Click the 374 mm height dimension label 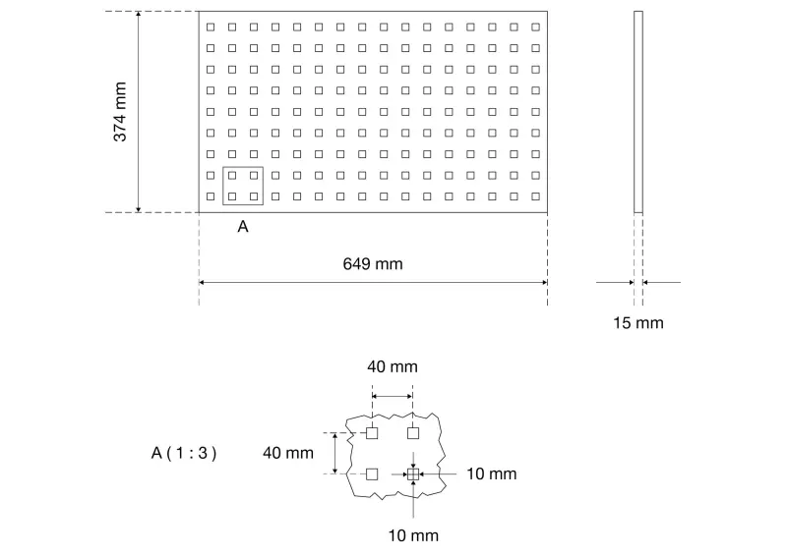(120, 112)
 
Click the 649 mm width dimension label (373, 263)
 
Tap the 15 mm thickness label (638, 323)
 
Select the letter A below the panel (243, 227)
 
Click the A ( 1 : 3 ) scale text (184, 453)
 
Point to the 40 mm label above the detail (393, 366)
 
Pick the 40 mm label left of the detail (288, 453)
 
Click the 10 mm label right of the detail (492, 473)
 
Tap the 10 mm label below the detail (413, 535)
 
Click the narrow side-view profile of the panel (638, 112)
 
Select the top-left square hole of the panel (211, 28)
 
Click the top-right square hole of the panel (535, 28)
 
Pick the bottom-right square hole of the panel (535, 196)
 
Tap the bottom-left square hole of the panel (211, 196)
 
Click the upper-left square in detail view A (372, 432)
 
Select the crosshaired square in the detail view (413, 473)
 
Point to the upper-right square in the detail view (413, 432)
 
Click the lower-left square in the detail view (372, 473)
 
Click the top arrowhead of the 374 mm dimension (139, 14)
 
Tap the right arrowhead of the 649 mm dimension (544, 282)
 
